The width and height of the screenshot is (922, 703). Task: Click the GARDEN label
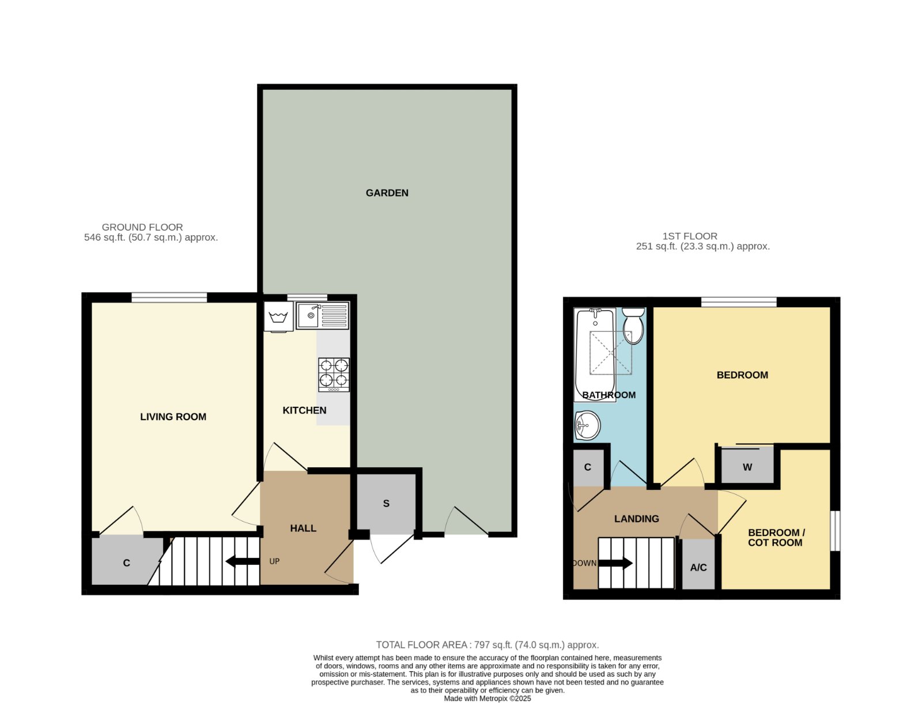tap(387, 193)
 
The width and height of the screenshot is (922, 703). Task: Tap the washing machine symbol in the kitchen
tap(278, 317)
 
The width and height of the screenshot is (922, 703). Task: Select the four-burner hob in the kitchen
tap(334, 375)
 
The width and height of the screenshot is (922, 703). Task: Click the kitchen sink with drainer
tap(322, 315)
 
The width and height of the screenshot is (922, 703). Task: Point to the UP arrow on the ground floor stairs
tap(243, 561)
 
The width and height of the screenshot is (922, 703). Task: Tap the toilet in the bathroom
tap(633, 326)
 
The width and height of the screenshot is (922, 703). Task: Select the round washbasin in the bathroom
tap(588, 425)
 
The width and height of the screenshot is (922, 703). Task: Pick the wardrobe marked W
tap(747, 466)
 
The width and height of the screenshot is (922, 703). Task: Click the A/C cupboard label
tap(698, 568)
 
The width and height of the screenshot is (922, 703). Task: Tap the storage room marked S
tap(386, 504)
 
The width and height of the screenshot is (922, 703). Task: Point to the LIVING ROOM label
tap(173, 417)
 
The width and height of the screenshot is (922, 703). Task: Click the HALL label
tap(303, 528)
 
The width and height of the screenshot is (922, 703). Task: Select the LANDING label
tap(636, 519)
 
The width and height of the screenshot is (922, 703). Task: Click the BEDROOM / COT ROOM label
tap(775, 538)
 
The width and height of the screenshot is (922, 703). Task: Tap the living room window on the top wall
tap(169, 298)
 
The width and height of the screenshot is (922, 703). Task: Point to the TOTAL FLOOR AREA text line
tap(488, 645)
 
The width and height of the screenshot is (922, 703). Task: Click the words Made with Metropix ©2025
tap(488, 698)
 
